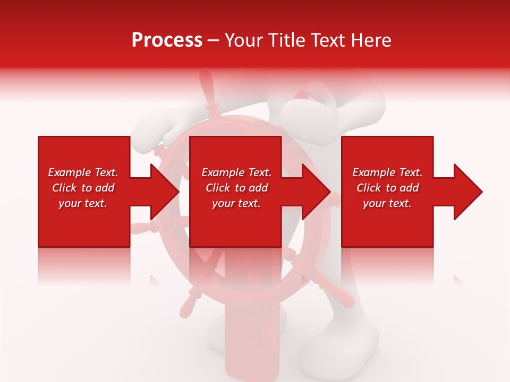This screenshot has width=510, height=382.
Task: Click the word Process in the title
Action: (x=167, y=40)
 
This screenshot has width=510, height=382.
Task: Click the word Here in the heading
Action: (x=371, y=40)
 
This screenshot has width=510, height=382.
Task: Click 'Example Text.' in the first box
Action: (x=83, y=172)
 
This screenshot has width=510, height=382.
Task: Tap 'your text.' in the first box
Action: (x=83, y=203)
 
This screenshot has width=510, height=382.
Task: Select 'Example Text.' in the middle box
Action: (x=236, y=172)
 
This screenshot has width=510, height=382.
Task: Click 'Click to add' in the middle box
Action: (x=236, y=188)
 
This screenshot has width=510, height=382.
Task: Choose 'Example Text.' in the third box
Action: (x=387, y=172)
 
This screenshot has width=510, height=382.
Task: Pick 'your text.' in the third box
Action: (x=387, y=203)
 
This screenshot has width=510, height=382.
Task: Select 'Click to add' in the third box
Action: (x=387, y=188)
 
